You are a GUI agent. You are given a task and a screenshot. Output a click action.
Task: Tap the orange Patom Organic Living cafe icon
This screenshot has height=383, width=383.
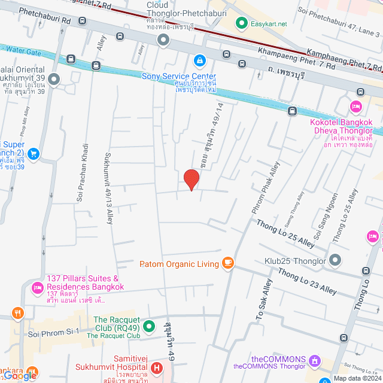pos(227,263)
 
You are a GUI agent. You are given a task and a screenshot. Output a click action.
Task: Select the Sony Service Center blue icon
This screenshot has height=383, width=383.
pos(198,61)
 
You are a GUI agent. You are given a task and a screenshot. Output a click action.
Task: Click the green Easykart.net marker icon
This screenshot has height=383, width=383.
pos(242,24)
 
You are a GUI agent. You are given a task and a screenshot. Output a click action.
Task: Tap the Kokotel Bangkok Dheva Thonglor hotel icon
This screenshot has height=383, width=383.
pos(356,107)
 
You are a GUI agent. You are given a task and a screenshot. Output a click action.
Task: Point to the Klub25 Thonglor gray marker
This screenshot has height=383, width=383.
pos(335,261)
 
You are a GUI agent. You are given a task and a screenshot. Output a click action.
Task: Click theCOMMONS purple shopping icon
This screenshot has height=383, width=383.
pos(314,361)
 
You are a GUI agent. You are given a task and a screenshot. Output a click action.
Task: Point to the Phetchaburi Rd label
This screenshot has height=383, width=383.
pos(45,16)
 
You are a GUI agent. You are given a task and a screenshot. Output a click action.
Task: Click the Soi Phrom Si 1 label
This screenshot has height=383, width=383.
pos(54,332)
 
